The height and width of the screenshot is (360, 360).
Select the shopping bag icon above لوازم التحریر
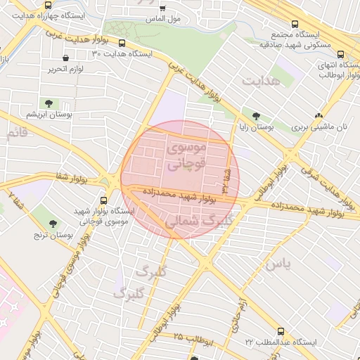66,58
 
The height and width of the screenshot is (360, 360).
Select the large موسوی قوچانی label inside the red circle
186,156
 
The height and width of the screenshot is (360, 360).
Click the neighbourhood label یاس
277,264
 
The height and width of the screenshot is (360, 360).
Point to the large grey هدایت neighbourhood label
261,82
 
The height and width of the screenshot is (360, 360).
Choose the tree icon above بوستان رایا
256,117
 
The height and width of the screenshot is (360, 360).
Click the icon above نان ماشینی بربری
319,116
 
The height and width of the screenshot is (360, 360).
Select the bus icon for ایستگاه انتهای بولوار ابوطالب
342,55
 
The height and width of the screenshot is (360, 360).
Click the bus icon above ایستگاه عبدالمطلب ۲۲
281,330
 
